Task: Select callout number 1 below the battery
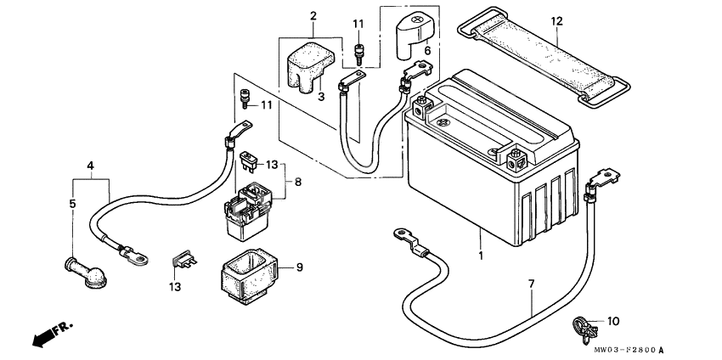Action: [481, 255]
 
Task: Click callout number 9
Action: [298, 267]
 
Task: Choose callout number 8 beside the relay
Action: [297, 181]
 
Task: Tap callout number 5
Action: [73, 204]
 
